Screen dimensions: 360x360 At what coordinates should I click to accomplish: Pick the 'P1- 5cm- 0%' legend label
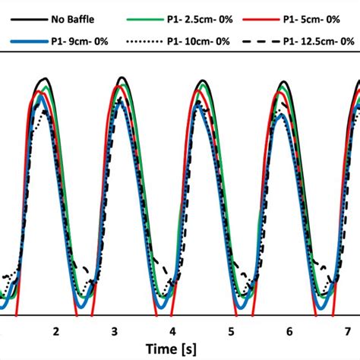coord(313,11)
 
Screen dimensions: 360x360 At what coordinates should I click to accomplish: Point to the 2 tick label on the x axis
coord(55,332)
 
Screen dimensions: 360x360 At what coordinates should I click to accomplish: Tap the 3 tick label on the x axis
coord(114,332)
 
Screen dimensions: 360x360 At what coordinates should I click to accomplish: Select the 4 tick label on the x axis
coord(172,332)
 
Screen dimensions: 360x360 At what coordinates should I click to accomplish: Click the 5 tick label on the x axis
coord(231,332)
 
